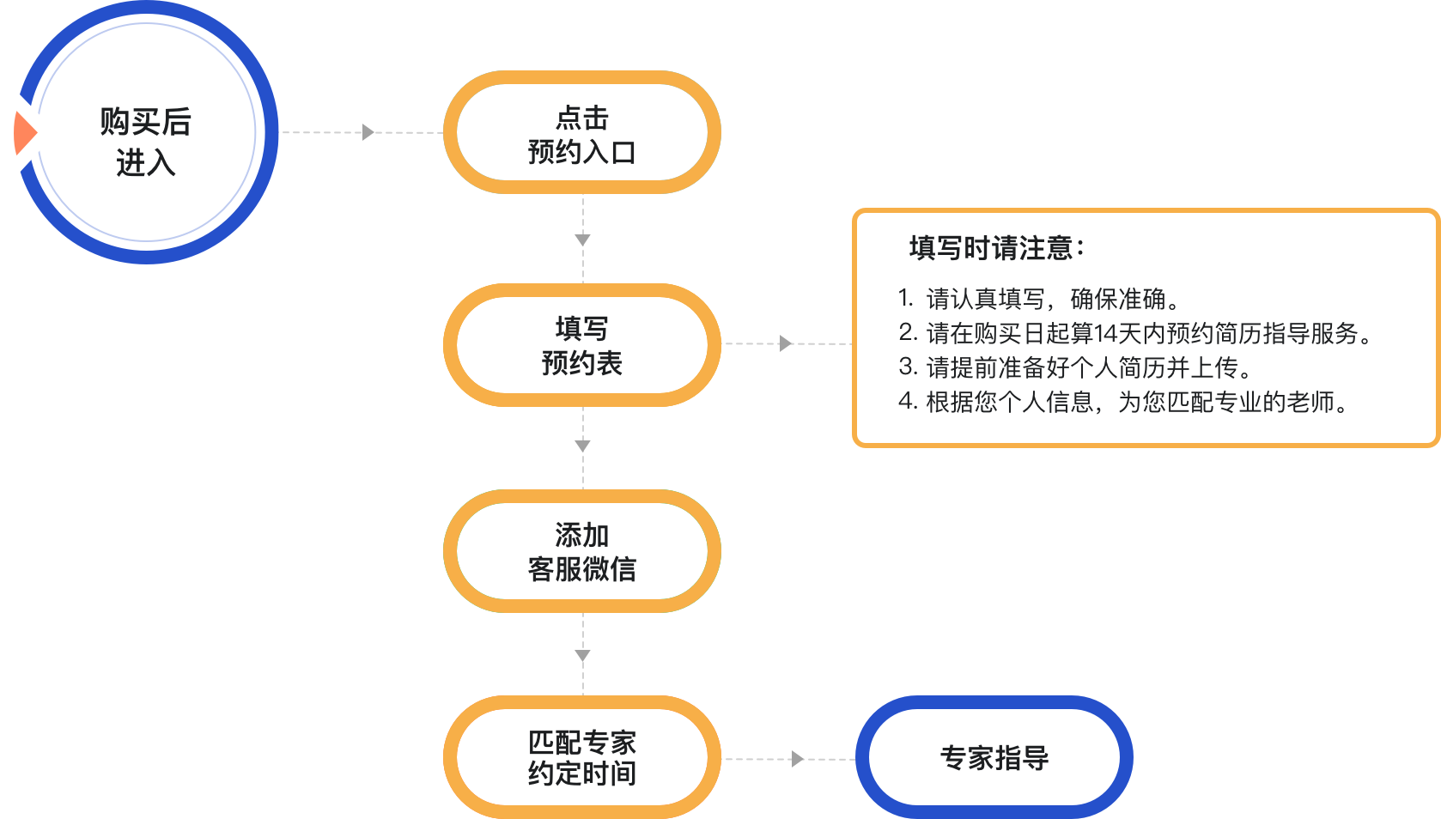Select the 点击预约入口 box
[581, 133]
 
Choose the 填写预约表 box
[581, 344]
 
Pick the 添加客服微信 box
[581, 550]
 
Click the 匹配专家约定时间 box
[581, 757]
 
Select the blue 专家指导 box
[994, 757]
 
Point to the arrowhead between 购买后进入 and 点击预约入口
[368, 132]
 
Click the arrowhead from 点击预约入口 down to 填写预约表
[583, 240]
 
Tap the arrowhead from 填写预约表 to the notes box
[785, 343]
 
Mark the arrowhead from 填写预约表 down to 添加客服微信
[583, 446]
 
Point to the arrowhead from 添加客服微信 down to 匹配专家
[583, 656]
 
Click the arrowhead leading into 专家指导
[798, 759]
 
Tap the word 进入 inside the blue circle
[146, 162]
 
